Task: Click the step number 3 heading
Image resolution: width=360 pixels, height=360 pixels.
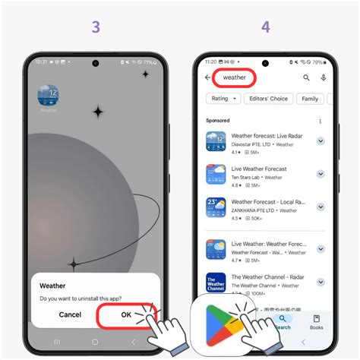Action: (x=95, y=27)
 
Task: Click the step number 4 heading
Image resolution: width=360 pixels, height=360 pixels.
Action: (x=265, y=27)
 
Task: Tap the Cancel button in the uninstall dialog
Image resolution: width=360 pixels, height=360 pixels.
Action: (x=70, y=314)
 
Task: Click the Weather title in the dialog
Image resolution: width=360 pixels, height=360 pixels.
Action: (x=52, y=286)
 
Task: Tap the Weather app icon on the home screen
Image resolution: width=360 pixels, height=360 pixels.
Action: (x=49, y=96)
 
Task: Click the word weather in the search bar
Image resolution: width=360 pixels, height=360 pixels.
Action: (x=235, y=77)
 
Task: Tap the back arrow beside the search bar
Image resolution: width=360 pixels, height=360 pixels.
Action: (x=208, y=77)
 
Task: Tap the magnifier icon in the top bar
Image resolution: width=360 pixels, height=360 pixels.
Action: (x=306, y=77)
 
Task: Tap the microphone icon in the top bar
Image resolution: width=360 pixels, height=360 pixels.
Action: (x=324, y=77)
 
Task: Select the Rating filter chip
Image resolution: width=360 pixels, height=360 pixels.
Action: (x=223, y=99)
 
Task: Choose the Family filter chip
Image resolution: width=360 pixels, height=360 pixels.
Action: (x=311, y=99)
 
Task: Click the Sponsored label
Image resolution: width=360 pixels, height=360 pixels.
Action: (x=218, y=121)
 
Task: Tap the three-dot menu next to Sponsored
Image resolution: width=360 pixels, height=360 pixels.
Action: (x=320, y=121)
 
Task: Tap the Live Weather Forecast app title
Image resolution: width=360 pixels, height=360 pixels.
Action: (x=258, y=169)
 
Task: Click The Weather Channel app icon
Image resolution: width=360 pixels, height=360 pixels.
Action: (x=216, y=283)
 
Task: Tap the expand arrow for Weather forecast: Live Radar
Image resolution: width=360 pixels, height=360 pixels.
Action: (x=320, y=141)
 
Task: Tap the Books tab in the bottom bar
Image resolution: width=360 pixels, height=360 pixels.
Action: (x=316, y=322)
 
